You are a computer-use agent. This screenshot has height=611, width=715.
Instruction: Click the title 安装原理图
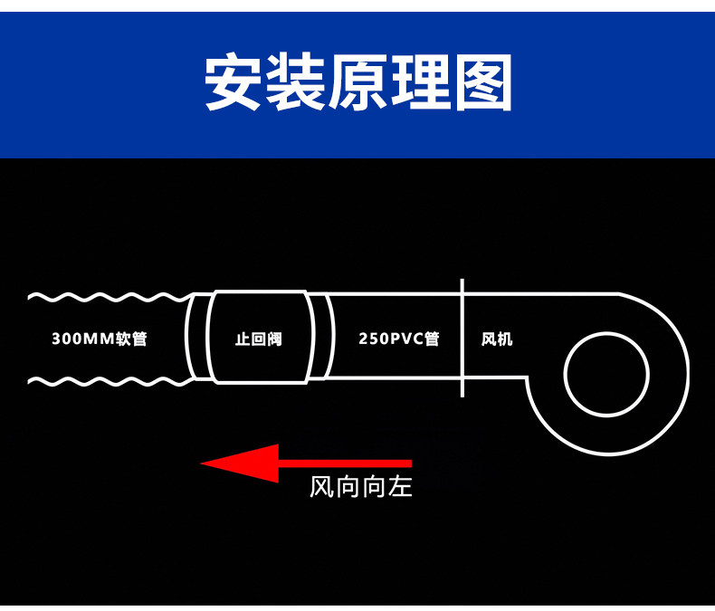point(357,83)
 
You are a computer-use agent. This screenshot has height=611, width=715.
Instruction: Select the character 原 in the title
point(357,83)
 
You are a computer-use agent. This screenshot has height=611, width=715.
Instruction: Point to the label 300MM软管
point(100,339)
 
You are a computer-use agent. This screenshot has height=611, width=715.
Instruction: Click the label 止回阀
point(258,339)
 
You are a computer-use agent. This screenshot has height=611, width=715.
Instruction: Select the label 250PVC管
point(398,339)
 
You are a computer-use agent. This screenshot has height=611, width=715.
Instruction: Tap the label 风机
point(497,339)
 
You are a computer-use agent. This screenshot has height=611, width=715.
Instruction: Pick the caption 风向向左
point(360,488)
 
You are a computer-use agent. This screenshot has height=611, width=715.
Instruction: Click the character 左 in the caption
point(400,488)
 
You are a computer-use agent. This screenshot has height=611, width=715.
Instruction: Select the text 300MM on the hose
point(80,339)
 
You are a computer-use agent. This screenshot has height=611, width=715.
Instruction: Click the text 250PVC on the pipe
point(390,339)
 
